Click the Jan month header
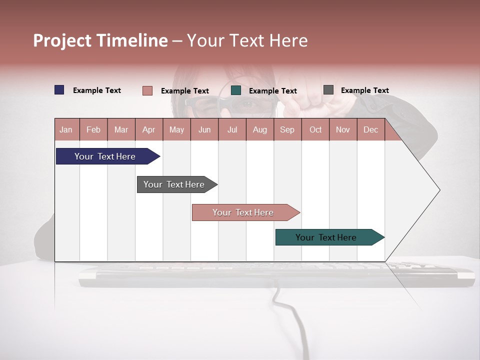[66, 129]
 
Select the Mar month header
[121, 129]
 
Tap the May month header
[176, 129]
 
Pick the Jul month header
[232, 129]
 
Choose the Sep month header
[287, 129]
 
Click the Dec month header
[370, 129]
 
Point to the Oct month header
[315, 129]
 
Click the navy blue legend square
[59, 90]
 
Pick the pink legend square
[147, 90]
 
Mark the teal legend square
[236, 90]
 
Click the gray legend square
[328, 90]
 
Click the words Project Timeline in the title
[100, 40]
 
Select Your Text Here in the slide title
[247, 40]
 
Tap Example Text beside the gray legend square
[364, 90]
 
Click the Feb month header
[93, 129]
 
